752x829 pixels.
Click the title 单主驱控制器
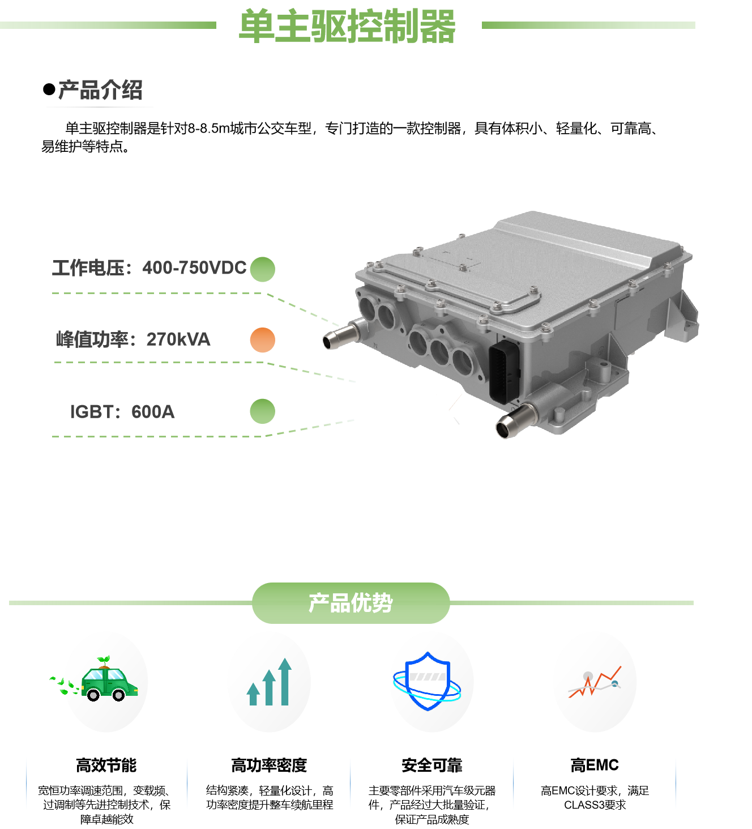point(347,27)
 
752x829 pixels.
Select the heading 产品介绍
point(100,91)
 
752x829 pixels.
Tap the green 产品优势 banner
point(351,603)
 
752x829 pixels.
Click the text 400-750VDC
point(194,268)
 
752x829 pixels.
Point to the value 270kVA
point(178,339)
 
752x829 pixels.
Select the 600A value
point(153,412)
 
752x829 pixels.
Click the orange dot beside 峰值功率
point(262,340)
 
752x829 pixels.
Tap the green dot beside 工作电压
point(262,269)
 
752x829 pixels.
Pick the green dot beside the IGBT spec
point(262,411)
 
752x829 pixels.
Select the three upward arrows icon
point(270,682)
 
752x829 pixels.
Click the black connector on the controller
point(504,371)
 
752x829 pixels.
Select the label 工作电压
point(88,268)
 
